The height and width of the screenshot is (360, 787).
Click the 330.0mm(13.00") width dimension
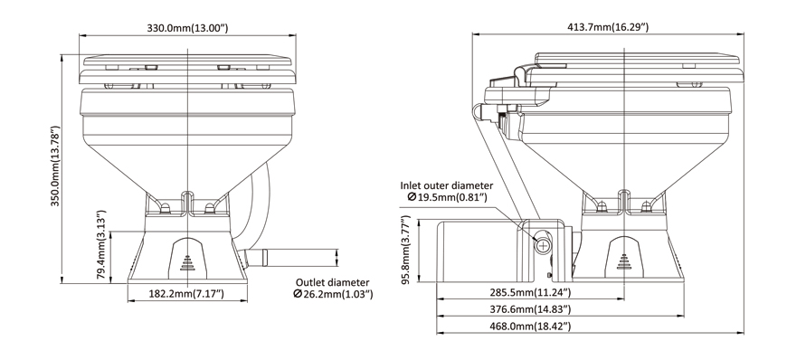(187, 28)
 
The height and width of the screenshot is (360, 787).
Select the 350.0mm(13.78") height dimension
(55, 166)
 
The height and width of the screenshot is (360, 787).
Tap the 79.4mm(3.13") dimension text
(101, 245)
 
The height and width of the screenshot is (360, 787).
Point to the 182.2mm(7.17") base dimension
(186, 294)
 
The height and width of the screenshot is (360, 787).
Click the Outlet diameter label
(332, 282)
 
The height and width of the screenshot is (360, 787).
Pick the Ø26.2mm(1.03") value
(333, 294)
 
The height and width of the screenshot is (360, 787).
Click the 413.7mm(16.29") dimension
(607, 27)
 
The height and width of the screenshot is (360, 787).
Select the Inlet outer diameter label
(447, 185)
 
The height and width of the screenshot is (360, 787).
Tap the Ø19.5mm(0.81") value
(448, 198)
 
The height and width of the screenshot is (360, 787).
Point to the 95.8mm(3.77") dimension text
(405, 250)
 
